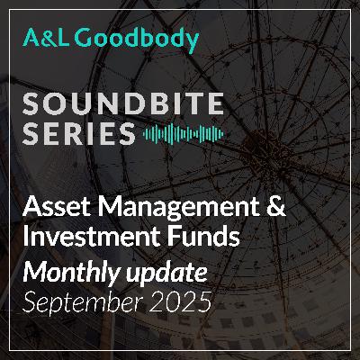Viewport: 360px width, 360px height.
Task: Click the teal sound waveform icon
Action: pyautogui.click(x=183, y=135)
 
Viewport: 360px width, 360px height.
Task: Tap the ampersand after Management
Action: pyautogui.click(x=276, y=210)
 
